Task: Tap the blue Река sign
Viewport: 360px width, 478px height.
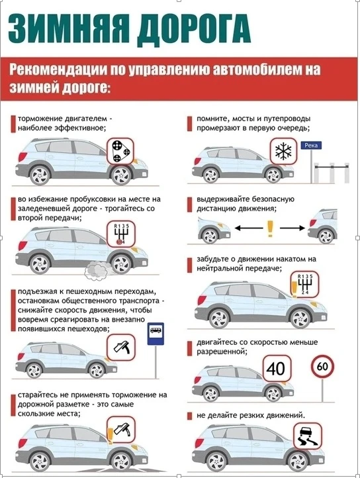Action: point(311,146)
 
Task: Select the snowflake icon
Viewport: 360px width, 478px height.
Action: point(283,151)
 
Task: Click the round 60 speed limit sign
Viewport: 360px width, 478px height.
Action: point(322,366)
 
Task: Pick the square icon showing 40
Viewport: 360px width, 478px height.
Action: point(277,368)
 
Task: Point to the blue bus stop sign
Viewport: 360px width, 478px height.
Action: point(156,334)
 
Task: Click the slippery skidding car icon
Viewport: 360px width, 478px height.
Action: point(308,436)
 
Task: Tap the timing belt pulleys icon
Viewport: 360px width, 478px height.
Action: point(120,151)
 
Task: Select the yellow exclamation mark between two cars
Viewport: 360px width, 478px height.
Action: point(270,228)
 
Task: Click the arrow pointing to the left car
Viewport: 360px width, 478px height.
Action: point(249,228)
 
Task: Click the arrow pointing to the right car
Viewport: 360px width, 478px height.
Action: point(292,228)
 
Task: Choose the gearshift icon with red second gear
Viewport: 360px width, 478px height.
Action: point(121,234)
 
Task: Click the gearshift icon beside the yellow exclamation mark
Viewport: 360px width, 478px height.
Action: point(306,284)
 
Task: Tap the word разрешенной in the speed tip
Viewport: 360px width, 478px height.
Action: point(220,352)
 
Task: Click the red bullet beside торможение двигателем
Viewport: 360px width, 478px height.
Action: point(13,124)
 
